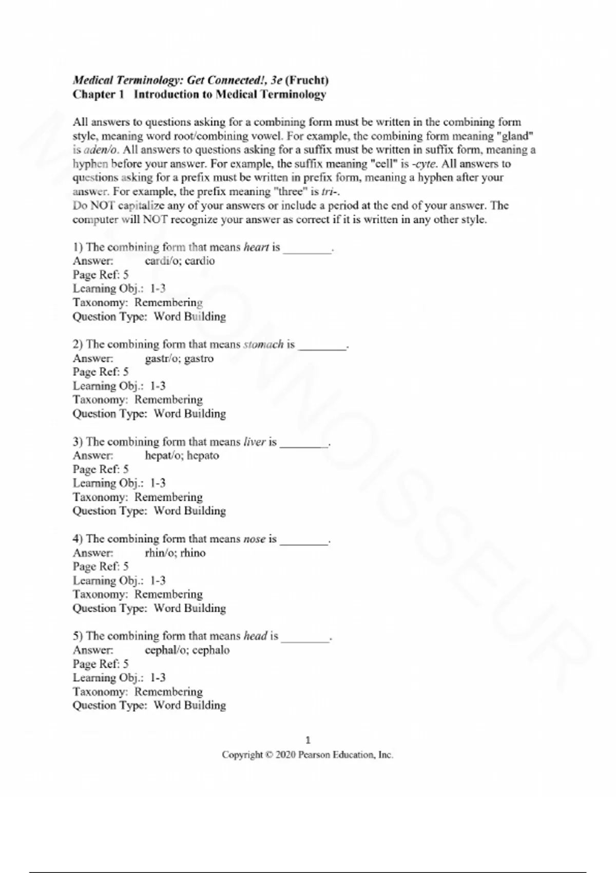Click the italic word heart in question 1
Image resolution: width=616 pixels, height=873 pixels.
pyautogui.click(x=256, y=247)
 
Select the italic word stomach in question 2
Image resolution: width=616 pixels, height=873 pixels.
pyautogui.click(x=263, y=344)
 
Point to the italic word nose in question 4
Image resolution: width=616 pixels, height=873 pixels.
pyautogui.click(x=254, y=539)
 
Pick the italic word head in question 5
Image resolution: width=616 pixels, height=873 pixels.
pyautogui.click(x=255, y=636)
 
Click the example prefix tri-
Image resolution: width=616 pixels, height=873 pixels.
pyautogui.click(x=330, y=192)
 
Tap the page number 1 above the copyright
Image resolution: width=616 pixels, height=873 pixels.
pyautogui.click(x=308, y=740)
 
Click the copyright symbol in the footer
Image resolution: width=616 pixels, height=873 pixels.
pyautogui.click(x=269, y=755)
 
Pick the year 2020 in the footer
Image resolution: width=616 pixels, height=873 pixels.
pyautogui.click(x=285, y=755)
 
